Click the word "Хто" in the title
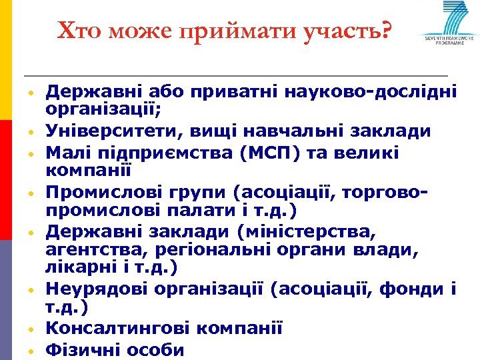(x=77, y=30)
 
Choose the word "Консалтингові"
(x=113, y=329)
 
